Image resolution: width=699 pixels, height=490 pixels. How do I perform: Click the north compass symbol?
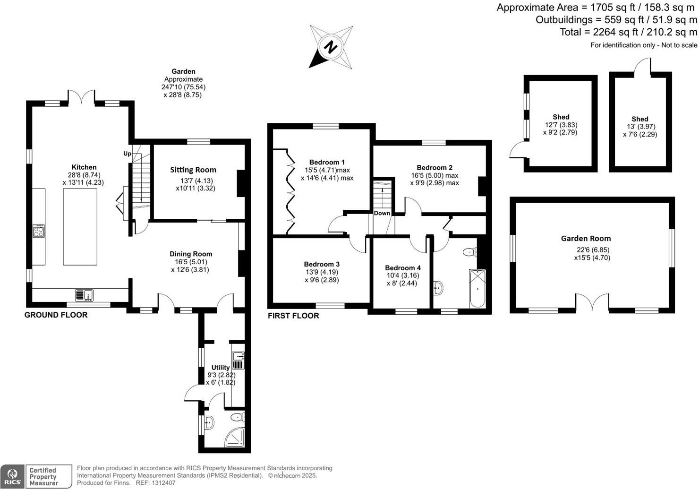331,47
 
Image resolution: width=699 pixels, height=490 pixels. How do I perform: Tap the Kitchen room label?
84,167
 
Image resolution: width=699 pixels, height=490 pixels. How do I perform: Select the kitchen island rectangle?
80,227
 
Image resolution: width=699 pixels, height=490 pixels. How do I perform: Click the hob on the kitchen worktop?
39,232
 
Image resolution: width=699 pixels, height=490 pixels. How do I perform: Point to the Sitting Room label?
193,170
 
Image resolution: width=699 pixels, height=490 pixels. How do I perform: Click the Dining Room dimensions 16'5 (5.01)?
191,262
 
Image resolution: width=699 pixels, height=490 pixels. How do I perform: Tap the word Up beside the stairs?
127,154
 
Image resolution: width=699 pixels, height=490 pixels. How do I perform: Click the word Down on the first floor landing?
382,213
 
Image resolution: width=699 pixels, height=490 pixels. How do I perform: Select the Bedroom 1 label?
327,162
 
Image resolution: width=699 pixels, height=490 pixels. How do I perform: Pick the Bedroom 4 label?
402,268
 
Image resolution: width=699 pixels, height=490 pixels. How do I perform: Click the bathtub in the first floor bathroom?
477,288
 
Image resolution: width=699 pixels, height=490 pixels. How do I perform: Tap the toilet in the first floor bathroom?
470,252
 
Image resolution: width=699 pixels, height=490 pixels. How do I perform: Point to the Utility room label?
221,368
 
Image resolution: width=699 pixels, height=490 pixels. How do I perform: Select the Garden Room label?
586,239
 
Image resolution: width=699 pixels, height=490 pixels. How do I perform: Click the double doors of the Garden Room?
592,302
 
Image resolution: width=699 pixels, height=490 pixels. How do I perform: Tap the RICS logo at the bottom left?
12,476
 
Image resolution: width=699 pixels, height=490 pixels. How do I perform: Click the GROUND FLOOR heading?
56,315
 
